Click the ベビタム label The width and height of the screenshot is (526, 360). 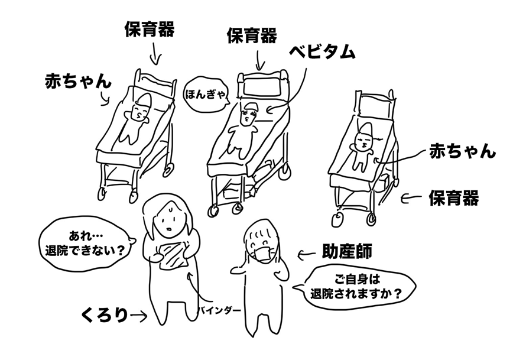coord(322,51)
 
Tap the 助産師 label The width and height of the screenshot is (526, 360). coord(345,254)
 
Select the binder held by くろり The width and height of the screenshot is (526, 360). coord(173,255)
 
